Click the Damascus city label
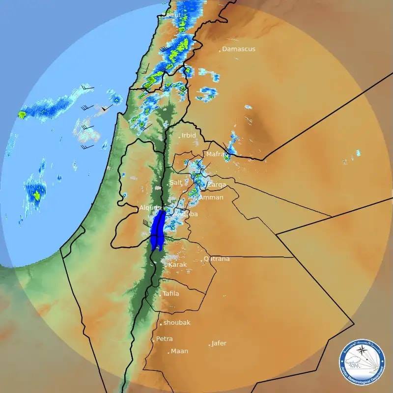click(239, 49)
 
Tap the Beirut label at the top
click(171, 15)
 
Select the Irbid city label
click(189, 136)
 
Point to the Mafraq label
click(217, 154)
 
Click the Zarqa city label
click(217, 185)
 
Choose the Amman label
click(211, 197)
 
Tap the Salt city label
click(176, 183)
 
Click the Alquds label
click(150, 208)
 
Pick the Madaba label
click(187, 214)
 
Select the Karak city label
click(178, 265)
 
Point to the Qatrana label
click(217, 259)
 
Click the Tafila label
click(171, 294)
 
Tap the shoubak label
click(177, 323)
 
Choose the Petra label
click(165, 339)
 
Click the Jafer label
click(219, 343)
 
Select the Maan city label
click(179, 351)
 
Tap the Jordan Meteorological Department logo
click(362, 363)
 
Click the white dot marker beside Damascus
click(220, 50)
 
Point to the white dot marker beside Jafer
click(210, 345)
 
